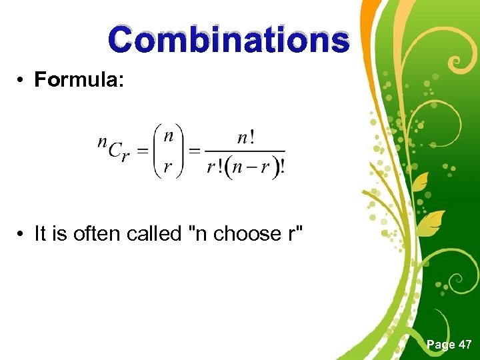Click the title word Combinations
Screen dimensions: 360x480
[229, 39]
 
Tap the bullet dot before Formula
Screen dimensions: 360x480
[22, 80]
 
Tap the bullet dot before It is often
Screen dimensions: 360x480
[22, 234]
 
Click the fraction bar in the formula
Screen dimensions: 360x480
[245, 151]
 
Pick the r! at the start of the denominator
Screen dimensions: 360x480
[215, 167]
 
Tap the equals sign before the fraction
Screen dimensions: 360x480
[195, 151]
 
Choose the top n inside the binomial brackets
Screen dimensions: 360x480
[169, 137]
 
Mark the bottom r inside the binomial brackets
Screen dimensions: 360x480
[169, 167]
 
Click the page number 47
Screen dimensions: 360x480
[465, 345]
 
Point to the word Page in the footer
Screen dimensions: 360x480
[441, 345]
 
